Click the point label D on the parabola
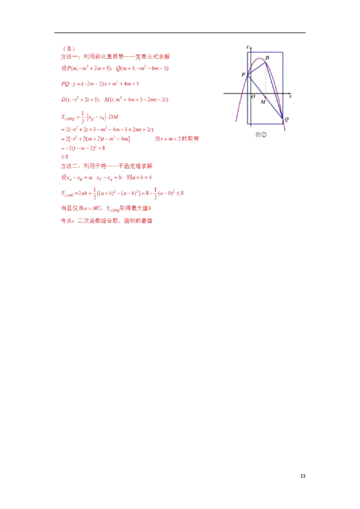[267, 58]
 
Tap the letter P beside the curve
[243, 75]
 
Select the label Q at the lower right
[287, 120]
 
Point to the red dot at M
[265, 97]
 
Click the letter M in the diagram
[262, 102]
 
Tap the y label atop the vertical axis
[248, 47]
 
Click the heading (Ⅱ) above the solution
[68, 48]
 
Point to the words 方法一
[69, 57]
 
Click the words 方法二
[69, 165]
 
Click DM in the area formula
[113, 117]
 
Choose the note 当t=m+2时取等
[178, 139]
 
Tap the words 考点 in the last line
[66, 221]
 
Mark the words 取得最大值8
[137, 208]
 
